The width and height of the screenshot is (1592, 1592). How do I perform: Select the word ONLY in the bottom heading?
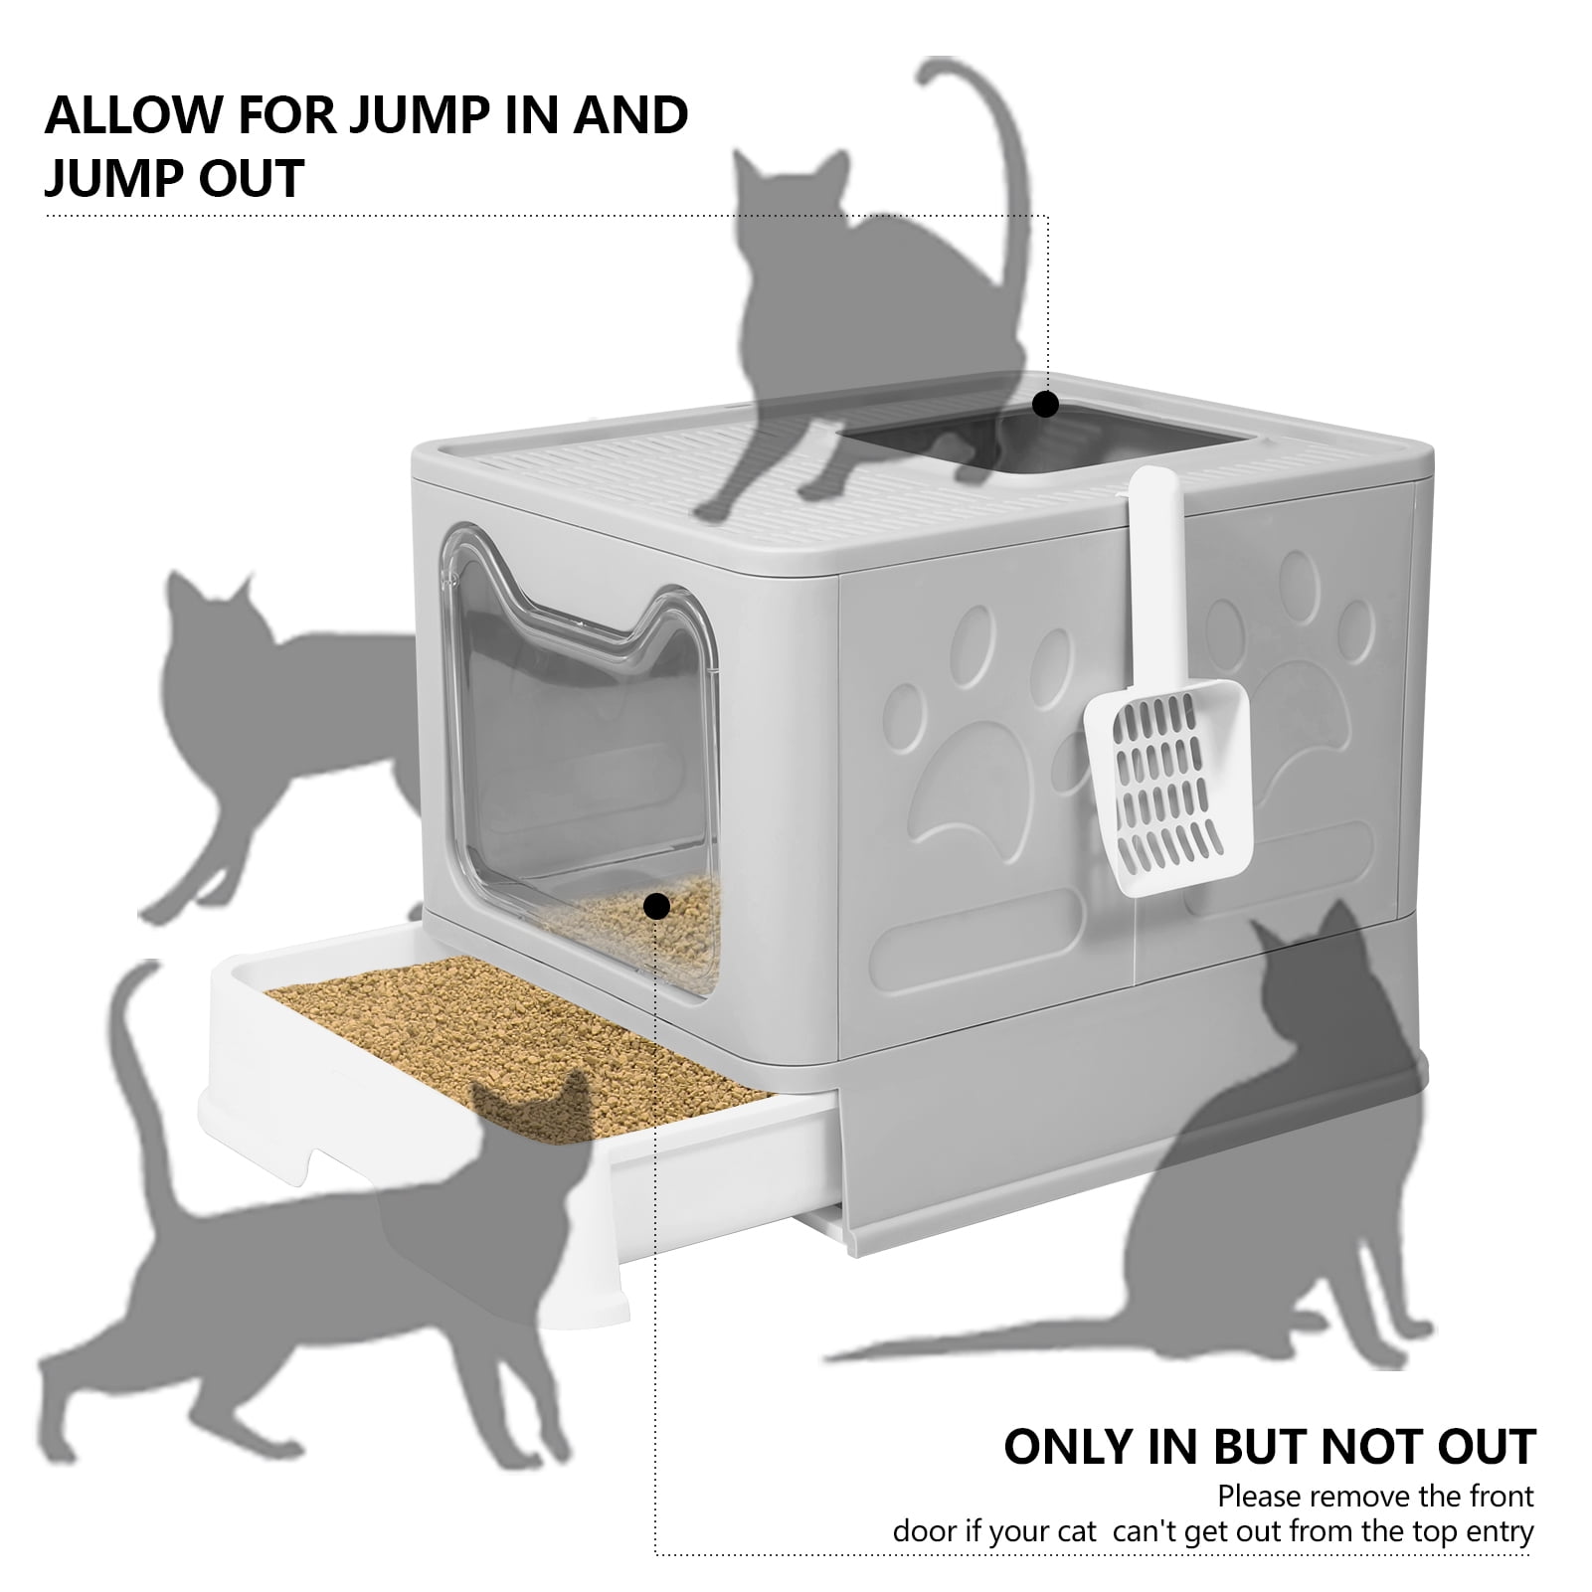tap(1070, 1447)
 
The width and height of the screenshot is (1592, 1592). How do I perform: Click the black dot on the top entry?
tap(1045, 405)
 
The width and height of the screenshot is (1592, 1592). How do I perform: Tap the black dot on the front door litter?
tap(656, 906)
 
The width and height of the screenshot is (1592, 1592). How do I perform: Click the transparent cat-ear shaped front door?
tap(587, 756)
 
